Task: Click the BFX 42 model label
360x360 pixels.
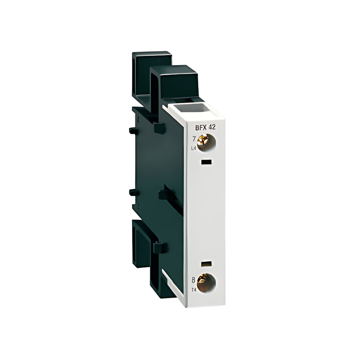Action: click(206, 127)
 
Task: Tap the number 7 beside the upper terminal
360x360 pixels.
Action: click(194, 139)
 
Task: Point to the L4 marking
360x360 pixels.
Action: click(194, 148)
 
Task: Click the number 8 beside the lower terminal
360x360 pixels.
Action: click(193, 280)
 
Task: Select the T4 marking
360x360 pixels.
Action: click(193, 290)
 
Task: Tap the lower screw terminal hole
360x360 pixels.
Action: click(206, 283)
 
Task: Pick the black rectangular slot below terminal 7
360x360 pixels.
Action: click(206, 162)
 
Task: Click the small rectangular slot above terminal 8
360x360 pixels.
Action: click(206, 264)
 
